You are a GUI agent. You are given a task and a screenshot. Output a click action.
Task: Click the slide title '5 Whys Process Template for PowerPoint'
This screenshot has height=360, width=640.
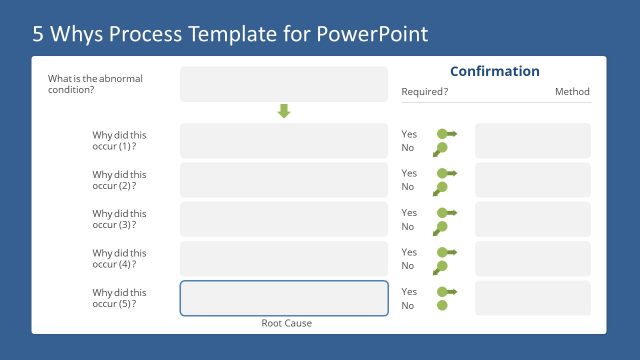click(230, 34)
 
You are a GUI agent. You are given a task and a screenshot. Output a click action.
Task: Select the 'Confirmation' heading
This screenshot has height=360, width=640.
click(494, 71)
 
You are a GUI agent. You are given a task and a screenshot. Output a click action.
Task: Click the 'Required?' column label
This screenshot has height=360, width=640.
click(424, 92)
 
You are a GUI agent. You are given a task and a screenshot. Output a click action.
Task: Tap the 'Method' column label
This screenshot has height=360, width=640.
click(572, 92)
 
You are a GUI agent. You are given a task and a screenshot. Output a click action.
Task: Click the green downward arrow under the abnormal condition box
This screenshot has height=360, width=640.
click(283, 111)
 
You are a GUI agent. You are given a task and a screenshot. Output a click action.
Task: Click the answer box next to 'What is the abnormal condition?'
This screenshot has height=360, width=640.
click(283, 84)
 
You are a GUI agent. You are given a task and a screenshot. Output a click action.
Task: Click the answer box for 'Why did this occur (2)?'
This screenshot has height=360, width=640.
click(283, 180)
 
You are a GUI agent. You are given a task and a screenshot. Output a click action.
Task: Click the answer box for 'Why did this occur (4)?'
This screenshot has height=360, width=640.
click(283, 258)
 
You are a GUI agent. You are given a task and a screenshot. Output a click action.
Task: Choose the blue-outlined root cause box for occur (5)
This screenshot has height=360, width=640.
click(283, 298)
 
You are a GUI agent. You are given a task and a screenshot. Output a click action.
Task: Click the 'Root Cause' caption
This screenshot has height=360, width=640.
click(285, 323)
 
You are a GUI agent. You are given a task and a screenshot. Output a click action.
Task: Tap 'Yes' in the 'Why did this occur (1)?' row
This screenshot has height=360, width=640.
click(409, 134)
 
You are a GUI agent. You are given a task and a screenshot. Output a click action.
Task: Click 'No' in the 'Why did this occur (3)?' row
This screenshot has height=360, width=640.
click(408, 227)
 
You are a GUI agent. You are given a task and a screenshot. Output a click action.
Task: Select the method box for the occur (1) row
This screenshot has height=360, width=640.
click(532, 141)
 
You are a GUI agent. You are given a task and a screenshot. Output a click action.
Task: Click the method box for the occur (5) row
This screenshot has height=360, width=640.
click(532, 298)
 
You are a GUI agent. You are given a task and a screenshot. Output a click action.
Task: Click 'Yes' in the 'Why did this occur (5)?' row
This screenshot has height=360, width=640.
click(409, 292)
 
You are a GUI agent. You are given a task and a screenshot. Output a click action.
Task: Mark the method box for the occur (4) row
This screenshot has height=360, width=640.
click(532, 258)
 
